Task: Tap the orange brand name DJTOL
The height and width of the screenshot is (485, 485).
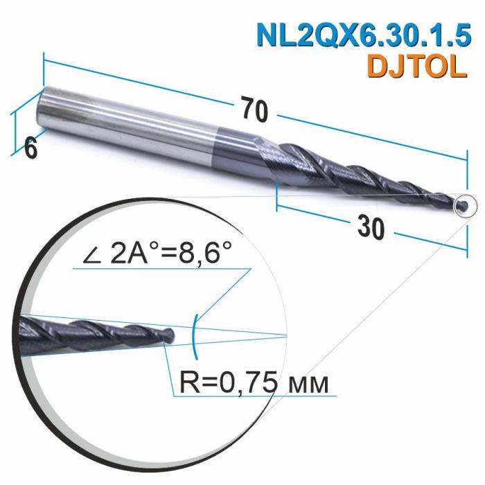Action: [x=412, y=67]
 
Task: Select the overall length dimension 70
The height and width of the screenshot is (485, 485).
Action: [x=254, y=109]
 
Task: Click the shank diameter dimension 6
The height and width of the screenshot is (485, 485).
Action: [x=30, y=147]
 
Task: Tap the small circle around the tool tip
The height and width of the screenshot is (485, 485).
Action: [x=463, y=205]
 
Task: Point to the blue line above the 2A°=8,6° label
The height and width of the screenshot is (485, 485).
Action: [x=159, y=270]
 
